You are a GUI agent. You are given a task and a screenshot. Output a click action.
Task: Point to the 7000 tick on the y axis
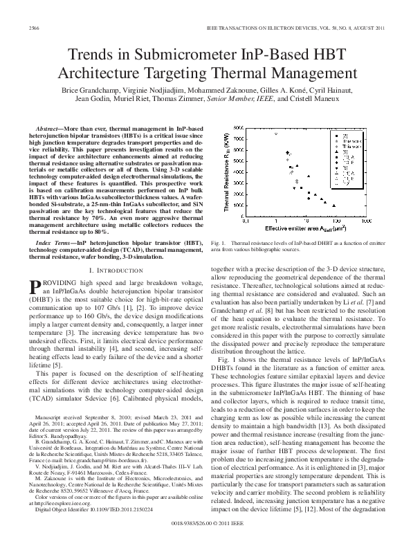[x=237, y=140]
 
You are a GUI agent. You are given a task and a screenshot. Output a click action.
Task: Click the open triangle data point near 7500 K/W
[x=275, y=134]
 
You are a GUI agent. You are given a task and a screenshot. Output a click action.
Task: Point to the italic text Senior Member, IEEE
[x=245, y=99]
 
